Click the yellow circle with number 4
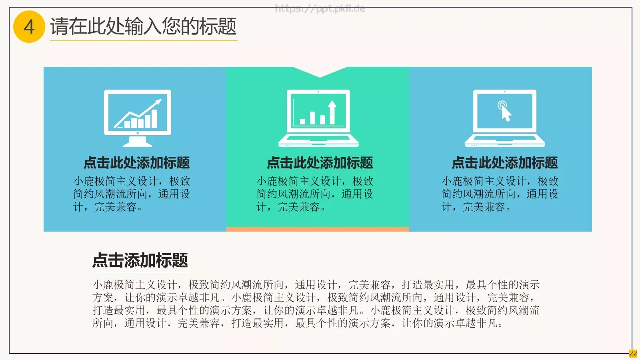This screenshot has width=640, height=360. (x=29, y=27)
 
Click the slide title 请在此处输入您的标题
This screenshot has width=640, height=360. (x=143, y=26)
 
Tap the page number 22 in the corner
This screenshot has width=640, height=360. (x=633, y=354)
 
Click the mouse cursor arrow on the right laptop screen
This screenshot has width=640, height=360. (x=506, y=114)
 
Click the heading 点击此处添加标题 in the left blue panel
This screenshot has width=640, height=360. (x=137, y=163)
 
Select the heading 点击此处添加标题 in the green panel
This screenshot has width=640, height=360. (x=320, y=163)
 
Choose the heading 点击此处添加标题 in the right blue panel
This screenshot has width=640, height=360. (x=505, y=163)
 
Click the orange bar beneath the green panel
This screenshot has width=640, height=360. (x=318, y=229)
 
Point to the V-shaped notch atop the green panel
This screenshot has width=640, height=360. (x=320, y=72)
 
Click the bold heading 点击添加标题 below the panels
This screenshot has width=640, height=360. (x=140, y=260)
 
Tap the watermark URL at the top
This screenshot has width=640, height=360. (x=320, y=8)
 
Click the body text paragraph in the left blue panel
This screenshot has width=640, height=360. (x=132, y=194)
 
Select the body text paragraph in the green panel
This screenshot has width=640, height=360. (x=315, y=194)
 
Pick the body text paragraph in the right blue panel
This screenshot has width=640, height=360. (x=500, y=194)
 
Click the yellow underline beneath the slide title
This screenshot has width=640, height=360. (x=144, y=40)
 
